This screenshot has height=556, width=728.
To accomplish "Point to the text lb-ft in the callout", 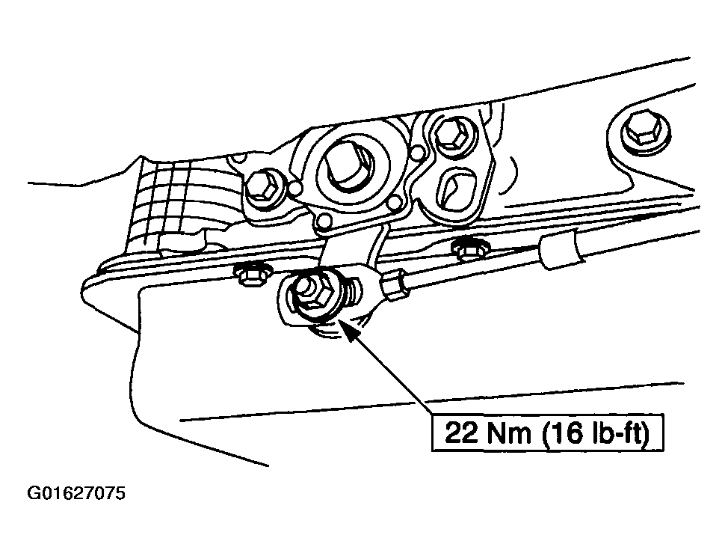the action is pos(617,433).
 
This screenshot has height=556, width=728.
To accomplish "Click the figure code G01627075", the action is pos(76,493).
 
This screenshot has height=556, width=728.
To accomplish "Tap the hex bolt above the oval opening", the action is pos(448,132).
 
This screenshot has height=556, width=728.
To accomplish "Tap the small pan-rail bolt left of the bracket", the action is pos(250,275).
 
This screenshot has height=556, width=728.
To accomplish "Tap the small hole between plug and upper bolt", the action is pos(417,152).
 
